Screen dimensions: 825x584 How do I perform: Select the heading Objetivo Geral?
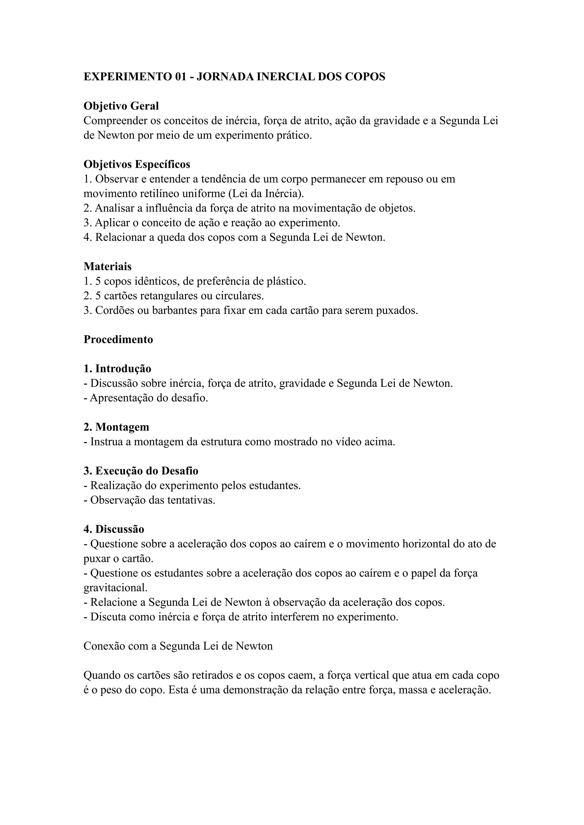(121, 106)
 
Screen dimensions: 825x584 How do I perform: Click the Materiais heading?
(108, 266)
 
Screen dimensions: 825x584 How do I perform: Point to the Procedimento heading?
(118, 339)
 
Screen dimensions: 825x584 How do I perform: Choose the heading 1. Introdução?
(117, 368)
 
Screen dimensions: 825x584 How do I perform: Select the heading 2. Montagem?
(116, 427)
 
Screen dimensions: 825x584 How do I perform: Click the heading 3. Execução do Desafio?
(141, 471)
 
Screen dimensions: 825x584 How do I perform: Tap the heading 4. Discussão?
(114, 529)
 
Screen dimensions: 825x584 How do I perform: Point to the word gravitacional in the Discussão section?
(115, 587)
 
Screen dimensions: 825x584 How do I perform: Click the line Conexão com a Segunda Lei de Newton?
(178, 646)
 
